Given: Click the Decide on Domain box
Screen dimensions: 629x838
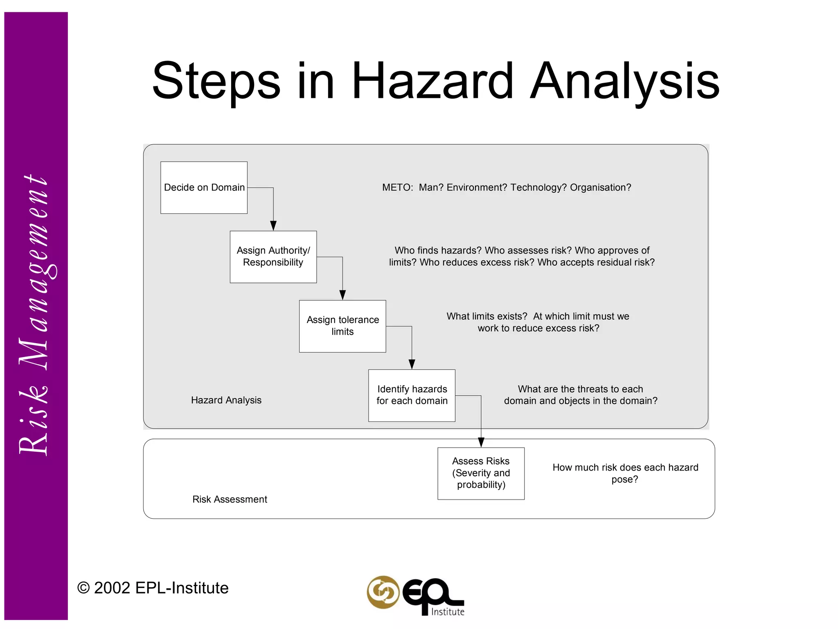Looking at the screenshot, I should (204, 188).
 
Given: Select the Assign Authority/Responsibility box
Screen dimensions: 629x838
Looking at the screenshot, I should (273, 257).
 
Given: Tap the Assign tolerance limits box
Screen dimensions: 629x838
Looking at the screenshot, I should (342, 326).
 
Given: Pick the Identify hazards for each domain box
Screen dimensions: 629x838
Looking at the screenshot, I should (412, 395).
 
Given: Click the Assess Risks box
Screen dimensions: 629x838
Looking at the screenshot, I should (481, 473).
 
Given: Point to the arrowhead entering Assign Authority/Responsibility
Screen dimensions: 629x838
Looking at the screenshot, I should (273, 226).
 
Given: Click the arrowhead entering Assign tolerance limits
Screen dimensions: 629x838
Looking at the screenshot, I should (342, 295).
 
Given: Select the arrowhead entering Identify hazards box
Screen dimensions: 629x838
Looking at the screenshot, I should (412, 364).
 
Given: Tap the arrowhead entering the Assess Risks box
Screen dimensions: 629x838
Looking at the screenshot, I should (481, 442).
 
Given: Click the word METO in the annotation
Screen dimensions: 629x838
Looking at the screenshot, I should (397, 188).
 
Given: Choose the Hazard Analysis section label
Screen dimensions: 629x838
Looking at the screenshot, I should (226, 400).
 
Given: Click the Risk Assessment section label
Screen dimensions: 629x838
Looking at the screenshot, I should (230, 499).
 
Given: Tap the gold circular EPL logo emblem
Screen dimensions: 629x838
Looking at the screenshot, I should (383, 592).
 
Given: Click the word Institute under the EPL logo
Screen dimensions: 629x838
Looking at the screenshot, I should (448, 612).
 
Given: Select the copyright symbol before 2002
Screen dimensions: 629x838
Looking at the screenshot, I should (83, 588).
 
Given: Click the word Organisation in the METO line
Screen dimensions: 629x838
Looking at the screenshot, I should (600, 188).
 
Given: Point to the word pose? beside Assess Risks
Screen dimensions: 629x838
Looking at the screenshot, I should (624, 480).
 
